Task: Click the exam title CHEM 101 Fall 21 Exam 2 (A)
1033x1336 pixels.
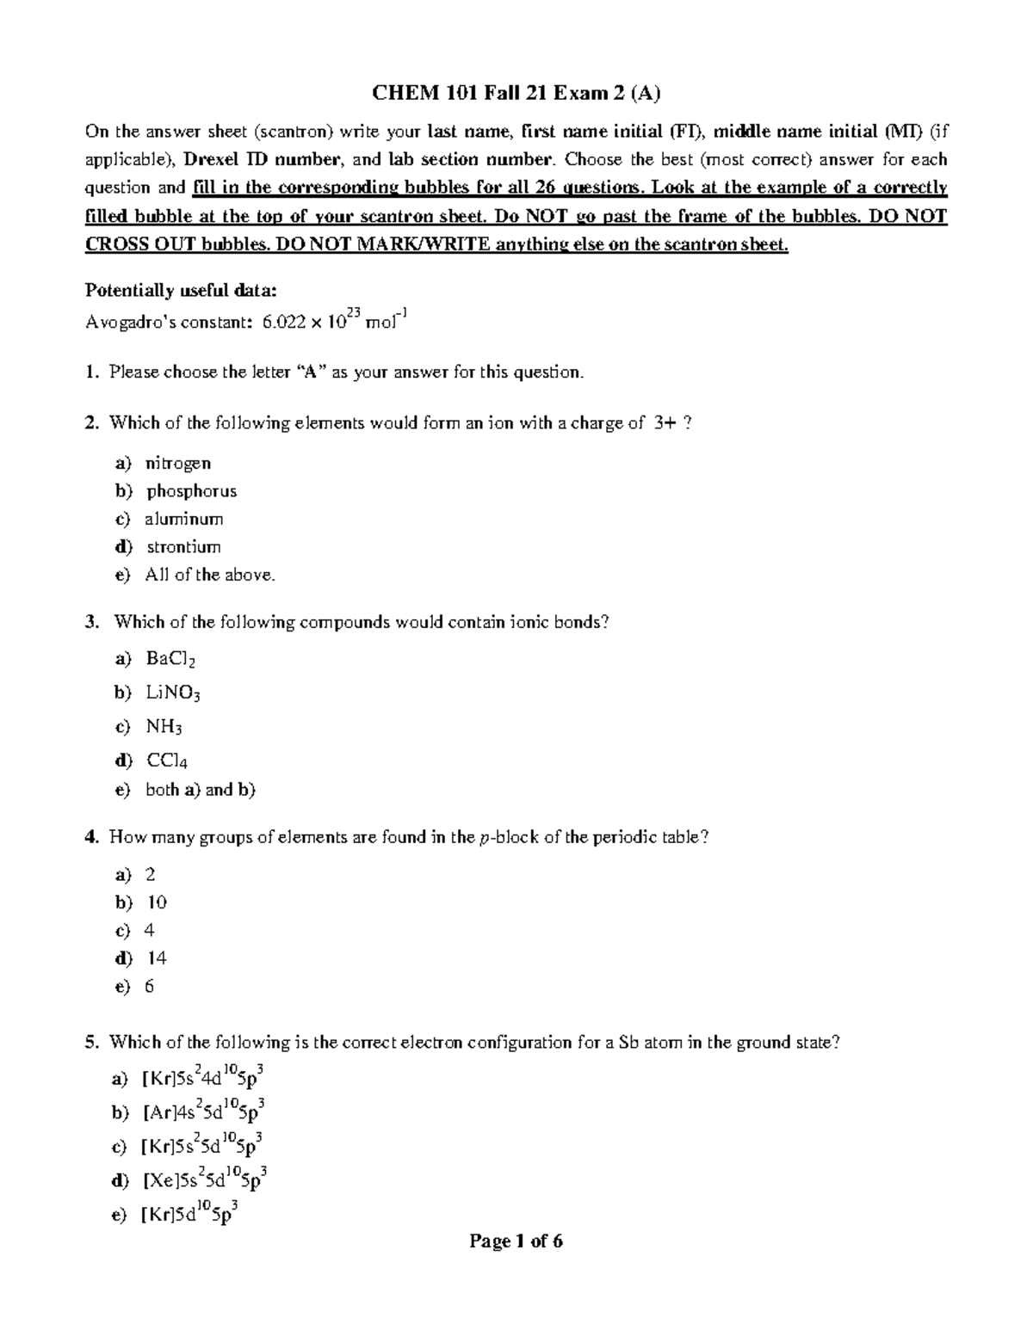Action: coord(516,93)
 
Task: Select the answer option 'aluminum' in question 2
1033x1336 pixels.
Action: coord(184,519)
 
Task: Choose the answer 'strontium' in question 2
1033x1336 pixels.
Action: coord(183,547)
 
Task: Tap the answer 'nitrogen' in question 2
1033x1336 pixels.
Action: coord(178,463)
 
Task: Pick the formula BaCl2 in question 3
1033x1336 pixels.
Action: coord(171,659)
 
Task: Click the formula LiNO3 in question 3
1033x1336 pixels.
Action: coord(173,693)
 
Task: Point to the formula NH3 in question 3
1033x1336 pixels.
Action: coord(164,727)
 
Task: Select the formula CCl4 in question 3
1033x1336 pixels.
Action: coord(167,760)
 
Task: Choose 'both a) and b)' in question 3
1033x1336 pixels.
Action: coord(201,789)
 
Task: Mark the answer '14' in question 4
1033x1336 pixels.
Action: coord(157,958)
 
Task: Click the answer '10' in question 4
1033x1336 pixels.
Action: coord(157,902)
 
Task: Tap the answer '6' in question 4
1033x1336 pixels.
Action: coord(150,986)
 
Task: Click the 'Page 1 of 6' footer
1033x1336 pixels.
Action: coord(516,1241)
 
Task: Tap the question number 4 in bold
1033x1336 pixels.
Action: coord(90,837)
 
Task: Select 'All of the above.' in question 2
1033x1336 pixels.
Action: coord(210,575)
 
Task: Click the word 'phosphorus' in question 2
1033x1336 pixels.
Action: coord(191,491)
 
